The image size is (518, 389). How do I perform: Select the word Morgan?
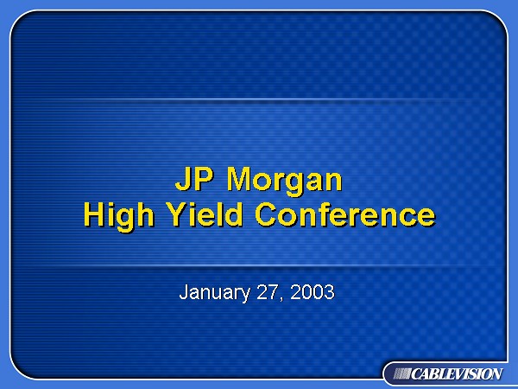284,182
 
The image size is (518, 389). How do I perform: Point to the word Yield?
205,214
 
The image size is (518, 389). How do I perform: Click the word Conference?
345,214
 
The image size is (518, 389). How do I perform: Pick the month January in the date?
215,293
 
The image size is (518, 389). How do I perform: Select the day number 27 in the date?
267,292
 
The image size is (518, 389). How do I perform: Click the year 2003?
313,292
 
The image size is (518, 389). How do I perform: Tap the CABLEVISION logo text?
457,374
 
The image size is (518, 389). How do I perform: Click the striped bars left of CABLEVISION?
402,374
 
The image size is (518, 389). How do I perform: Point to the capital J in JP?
183,179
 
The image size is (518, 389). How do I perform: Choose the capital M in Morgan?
240,179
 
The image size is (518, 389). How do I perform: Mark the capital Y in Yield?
176,214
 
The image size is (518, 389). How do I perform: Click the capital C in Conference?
266,214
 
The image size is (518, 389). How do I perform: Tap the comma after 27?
281,298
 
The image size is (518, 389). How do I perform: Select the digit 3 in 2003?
330,292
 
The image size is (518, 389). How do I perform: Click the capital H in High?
94,214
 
